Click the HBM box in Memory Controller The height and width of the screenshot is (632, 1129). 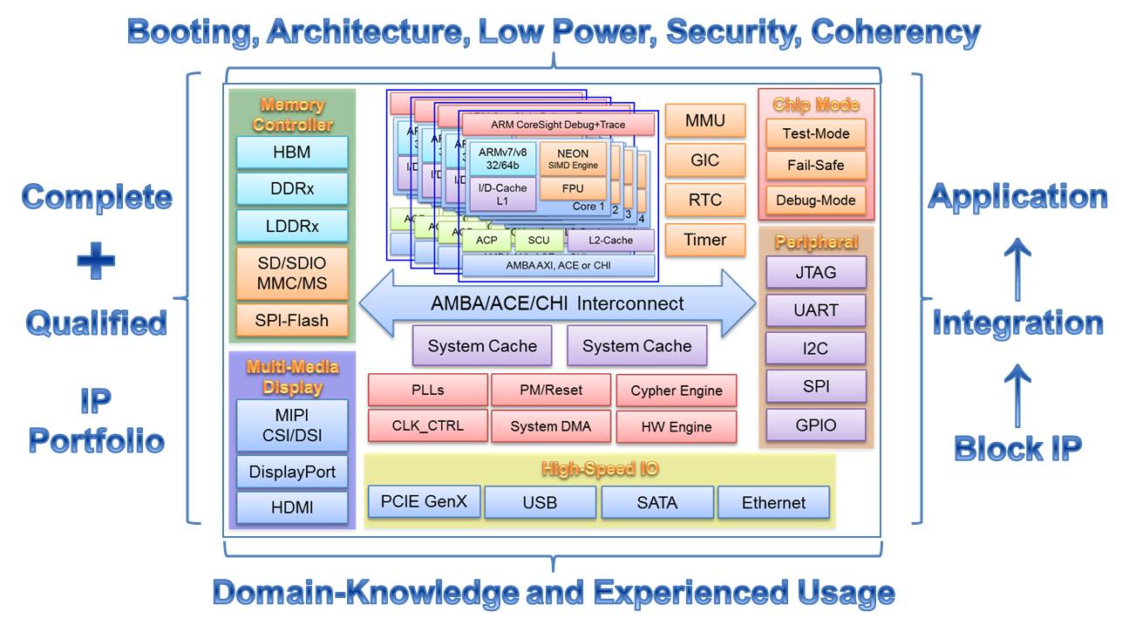tap(291, 153)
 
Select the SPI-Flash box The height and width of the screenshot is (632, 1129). tap(291, 320)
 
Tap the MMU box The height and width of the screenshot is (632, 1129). tap(704, 120)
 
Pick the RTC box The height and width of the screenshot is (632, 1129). tap(704, 200)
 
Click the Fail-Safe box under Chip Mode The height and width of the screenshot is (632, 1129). tap(815, 165)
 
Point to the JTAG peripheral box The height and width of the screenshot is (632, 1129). tap(815, 272)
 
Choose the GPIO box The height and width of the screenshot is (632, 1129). tap(815, 425)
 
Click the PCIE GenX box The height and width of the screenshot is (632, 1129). tap(424, 501)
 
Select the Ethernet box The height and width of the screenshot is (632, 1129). tap(773, 502)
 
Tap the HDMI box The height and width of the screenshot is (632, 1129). tap(291, 507)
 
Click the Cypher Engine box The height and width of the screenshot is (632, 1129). tap(676, 391)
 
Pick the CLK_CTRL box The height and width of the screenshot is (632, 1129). tap(427, 426)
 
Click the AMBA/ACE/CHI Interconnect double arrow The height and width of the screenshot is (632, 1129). tap(557, 303)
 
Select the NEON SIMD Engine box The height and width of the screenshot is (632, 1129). tap(573, 159)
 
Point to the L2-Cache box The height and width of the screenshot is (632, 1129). tap(611, 240)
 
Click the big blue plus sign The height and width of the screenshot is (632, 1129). tap(95, 260)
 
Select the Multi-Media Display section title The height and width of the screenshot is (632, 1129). tap(292, 377)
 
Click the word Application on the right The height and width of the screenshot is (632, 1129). tap(1017, 196)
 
